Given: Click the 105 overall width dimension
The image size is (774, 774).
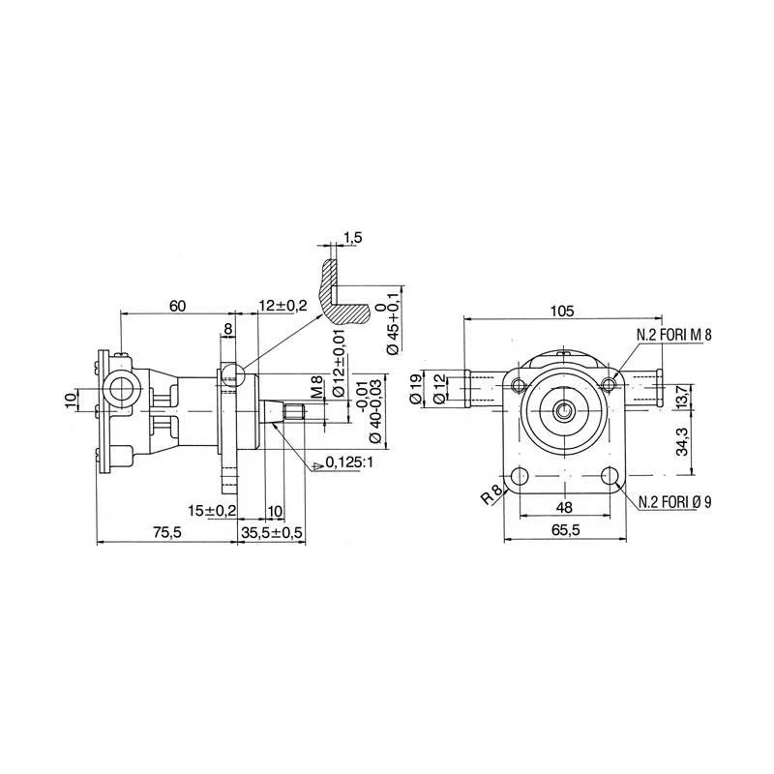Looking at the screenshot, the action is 563,311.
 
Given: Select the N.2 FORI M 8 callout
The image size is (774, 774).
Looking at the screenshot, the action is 674,335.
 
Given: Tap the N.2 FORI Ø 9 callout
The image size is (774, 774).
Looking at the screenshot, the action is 675,502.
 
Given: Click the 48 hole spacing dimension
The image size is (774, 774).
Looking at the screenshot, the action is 564,507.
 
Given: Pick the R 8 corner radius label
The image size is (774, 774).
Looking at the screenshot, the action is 491,495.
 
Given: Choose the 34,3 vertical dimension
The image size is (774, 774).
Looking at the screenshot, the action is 682,442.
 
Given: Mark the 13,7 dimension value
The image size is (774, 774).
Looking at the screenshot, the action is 682,397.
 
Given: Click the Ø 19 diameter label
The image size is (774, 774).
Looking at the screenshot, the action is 417,389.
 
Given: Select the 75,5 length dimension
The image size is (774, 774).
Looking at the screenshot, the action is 167,532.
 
